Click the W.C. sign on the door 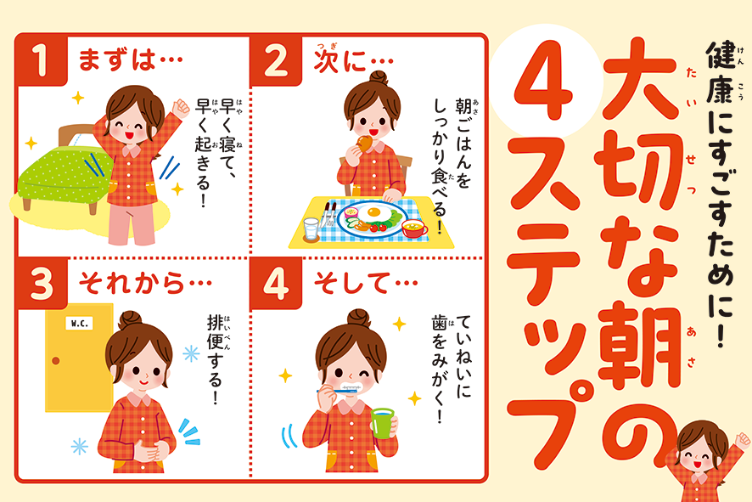tap(79, 324)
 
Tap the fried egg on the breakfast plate tap(373, 212)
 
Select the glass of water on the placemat tap(311, 229)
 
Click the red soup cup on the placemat tap(414, 228)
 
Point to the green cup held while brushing tap(383, 423)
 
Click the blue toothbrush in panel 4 tap(338, 391)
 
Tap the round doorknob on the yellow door tap(56, 360)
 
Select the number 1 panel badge tap(40, 59)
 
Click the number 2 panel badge tap(275, 60)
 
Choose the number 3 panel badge tap(41, 283)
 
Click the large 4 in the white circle tap(544, 80)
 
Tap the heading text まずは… tap(131, 60)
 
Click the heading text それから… tap(145, 283)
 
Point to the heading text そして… tap(366, 283)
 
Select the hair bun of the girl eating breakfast tap(379, 77)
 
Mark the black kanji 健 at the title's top tap(721, 54)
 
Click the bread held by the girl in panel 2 tap(365, 143)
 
